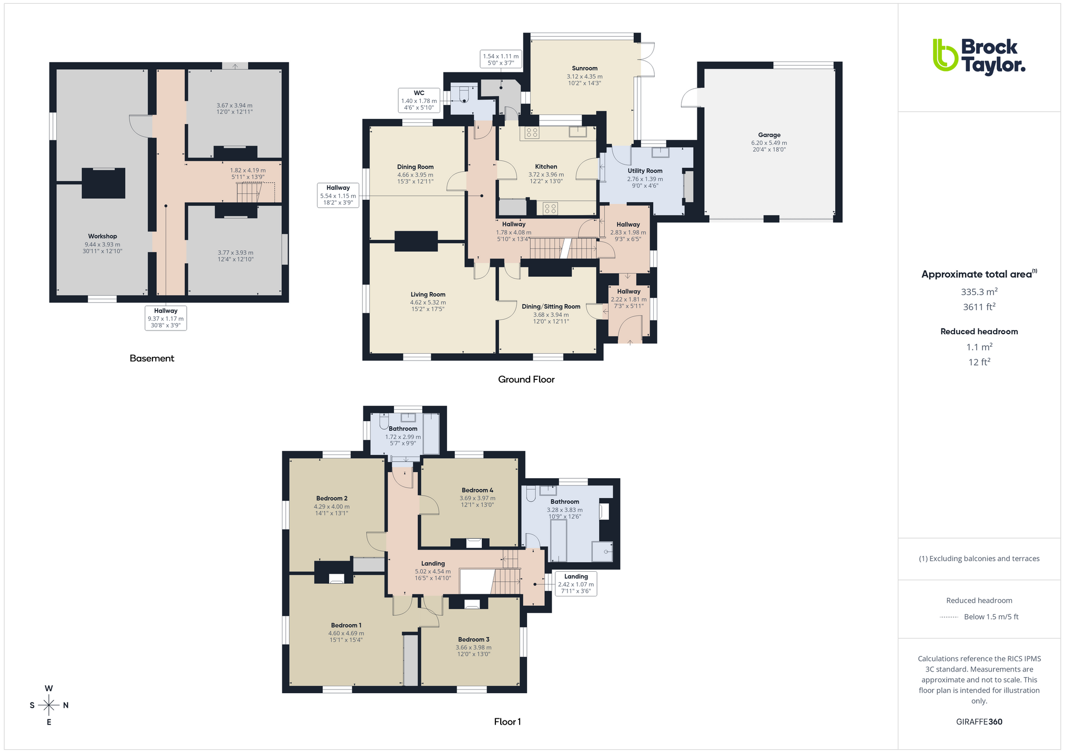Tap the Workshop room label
pyautogui.click(x=103, y=236)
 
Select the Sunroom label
pyautogui.click(x=585, y=68)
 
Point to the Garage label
pyautogui.click(x=769, y=135)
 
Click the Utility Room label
pyautogui.click(x=645, y=171)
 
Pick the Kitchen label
pyautogui.click(x=546, y=167)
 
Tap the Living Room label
pyautogui.click(x=428, y=295)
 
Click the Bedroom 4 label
pyautogui.click(x=478, y=490)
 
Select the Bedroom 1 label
pyautogui.click(x=346, y=625)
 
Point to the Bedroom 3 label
pyautogui.click(x=474, y=639)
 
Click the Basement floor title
pyautogui.click(x=152, y=358)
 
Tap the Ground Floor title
pyautogui.click(x=526, y=379)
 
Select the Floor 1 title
pyautogui.click(x=508, y=722)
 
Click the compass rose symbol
pyautogui.click(x=49, y=705)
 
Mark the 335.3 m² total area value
pyautogui.click(x=979, y=292)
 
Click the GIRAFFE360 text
pyautogui.click(x=979, y=722)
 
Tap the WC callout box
pyautogui.click(x=419, y=100)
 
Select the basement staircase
pyautogui.click(x=249, y=192)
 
